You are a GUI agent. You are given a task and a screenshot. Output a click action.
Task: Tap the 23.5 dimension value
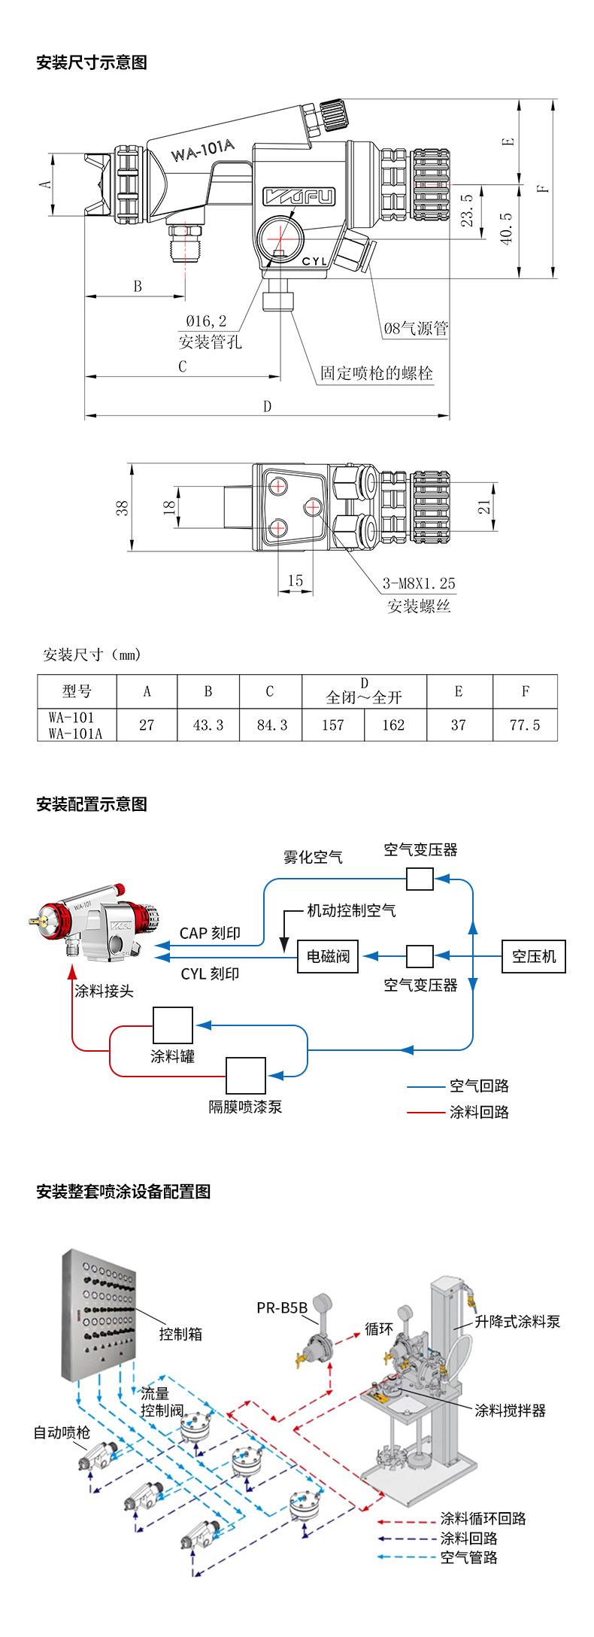tap(467, 210)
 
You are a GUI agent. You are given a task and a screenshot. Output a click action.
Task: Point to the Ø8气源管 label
tap(416, 328)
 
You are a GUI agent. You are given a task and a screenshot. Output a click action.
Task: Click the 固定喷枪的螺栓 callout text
tap(377, 373)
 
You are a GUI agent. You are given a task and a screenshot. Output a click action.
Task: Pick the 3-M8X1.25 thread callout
tap(419, 583)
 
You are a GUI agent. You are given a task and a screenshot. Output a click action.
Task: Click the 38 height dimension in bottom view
tap(121, 508)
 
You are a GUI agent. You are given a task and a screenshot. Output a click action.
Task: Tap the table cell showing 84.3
tap(270, 724)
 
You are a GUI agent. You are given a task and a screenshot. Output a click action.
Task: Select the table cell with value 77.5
tap(525, 724)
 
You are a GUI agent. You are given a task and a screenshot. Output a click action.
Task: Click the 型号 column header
tap(77, 691)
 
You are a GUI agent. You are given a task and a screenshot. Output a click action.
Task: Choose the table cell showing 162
tap(395, 724)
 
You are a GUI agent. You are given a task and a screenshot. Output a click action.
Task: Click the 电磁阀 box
tap(328, 957)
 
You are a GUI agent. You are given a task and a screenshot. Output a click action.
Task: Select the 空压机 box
tap(534, 956)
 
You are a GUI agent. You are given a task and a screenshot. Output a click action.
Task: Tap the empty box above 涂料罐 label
tap(173, 1025)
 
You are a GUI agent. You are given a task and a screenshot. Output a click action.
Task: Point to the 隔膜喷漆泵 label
tap(245, 1107)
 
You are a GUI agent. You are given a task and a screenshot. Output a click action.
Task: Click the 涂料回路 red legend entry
tap(478, 1111)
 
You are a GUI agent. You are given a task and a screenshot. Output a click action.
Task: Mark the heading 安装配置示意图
tap(92, 804)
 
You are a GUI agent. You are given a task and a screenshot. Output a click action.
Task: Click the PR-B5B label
tap(282, 1307)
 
